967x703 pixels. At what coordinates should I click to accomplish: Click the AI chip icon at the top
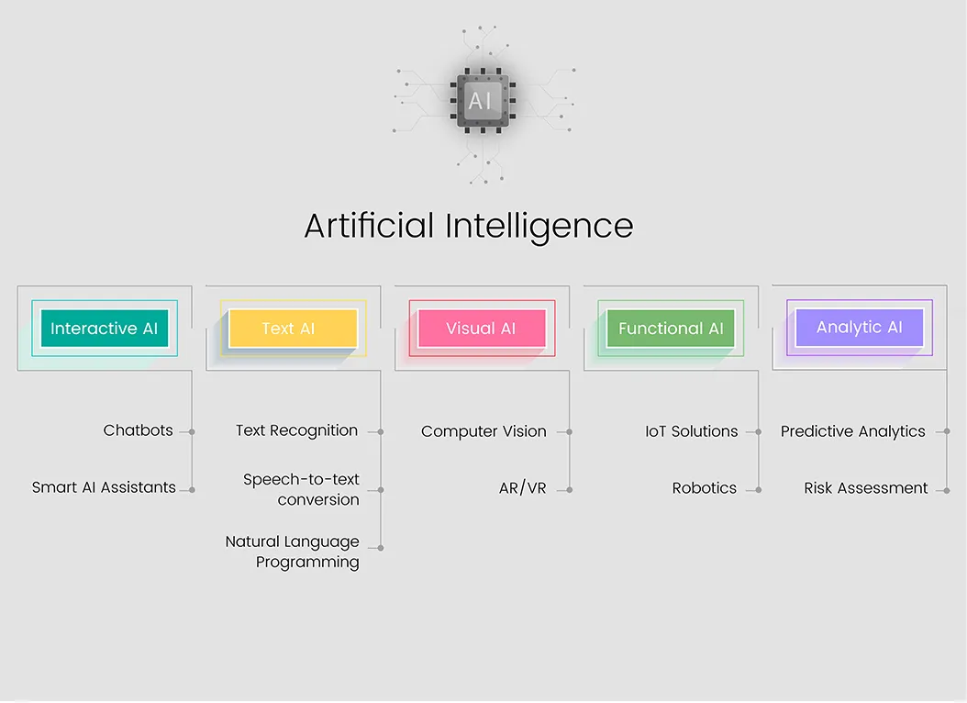[x=483, y=101]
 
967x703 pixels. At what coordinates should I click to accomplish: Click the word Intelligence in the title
[x=539, y=227]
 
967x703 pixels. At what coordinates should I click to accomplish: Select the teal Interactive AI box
[x=105, y=328]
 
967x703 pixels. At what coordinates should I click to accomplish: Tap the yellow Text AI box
[x=293, y=328]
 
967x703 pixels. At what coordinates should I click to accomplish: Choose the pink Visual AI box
[x=482, y=328]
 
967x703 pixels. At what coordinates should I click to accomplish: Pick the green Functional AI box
[x=671, y=328]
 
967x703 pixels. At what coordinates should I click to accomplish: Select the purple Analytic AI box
[x=859, y=327]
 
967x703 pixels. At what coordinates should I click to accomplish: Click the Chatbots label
[x=139, y=430]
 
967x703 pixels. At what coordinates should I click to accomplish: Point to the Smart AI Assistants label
[x=104, y=487]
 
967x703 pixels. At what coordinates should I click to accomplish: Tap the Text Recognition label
[x=296, y=430]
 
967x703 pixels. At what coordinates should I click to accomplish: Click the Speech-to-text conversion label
[x=301, y=490]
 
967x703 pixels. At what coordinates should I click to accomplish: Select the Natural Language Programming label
[x=293, y=552]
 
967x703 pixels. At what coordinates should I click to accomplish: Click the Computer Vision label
[x=483, y=431]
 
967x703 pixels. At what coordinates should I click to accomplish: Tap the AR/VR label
[x=522, y=488]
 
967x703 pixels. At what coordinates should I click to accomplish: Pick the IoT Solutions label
[x=692, y=431]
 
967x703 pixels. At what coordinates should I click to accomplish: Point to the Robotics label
[x=705, y=488]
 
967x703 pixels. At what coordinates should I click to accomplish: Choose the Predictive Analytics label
[x=853, y=431]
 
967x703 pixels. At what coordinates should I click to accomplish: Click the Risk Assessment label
[x=866, y=488]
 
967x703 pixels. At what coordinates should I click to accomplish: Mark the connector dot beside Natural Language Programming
[x=381, y=548]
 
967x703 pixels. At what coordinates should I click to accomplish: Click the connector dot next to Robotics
[x=758, y=490]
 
